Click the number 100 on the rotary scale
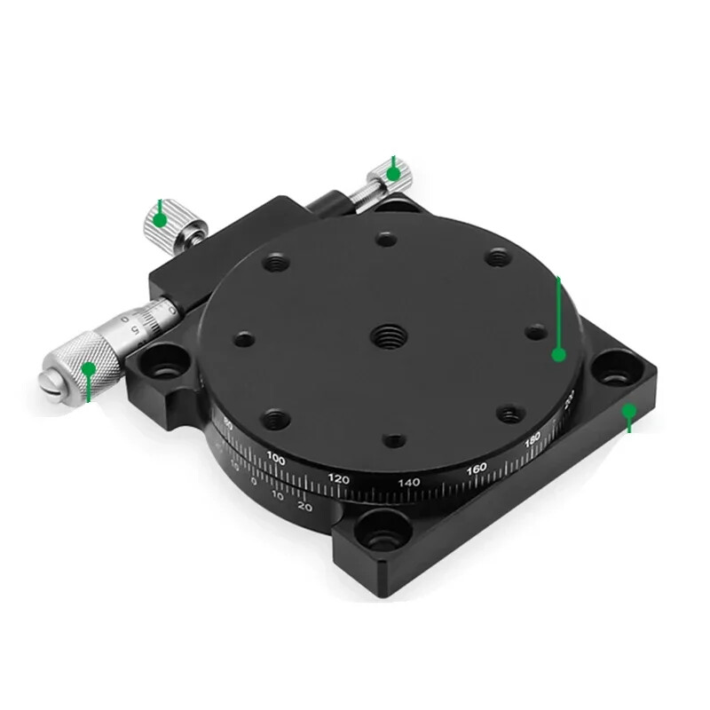(276, 460)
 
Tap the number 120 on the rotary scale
(338, 478)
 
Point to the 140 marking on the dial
(408, 482)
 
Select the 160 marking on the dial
(477, 468)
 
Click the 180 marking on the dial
(532, 438)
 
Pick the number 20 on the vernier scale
(304, 507)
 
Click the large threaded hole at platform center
(387, 335)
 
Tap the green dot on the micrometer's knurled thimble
(88, 368)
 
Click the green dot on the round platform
(558, 354)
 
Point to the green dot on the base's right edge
(628, 411)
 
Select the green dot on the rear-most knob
(392, 174)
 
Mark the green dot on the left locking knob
(159, 219)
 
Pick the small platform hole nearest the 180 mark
(509, 413)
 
